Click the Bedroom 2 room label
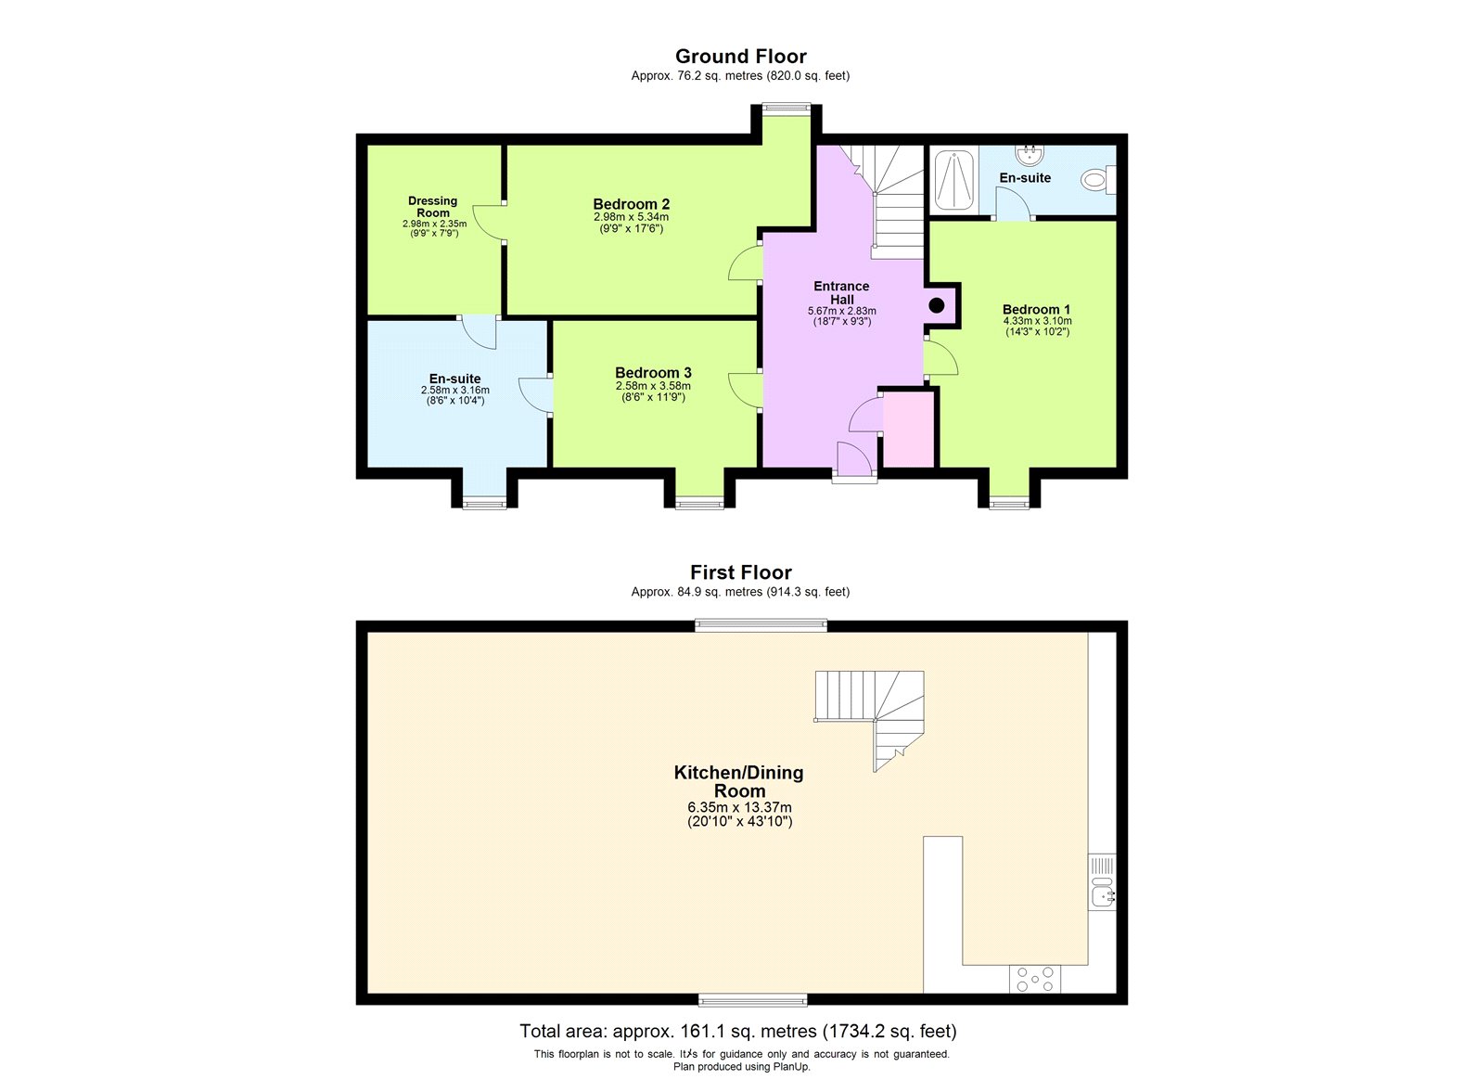632,204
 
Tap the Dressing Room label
433,207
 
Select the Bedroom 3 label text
653,373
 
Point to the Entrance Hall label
841,292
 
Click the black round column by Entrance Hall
937,304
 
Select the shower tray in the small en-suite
953,179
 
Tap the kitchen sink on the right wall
1102,890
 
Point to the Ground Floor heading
740,57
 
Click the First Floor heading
740,572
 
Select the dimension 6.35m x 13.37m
739,807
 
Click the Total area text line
738,1031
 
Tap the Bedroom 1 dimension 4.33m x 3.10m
1037,321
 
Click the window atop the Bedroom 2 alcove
787,108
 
